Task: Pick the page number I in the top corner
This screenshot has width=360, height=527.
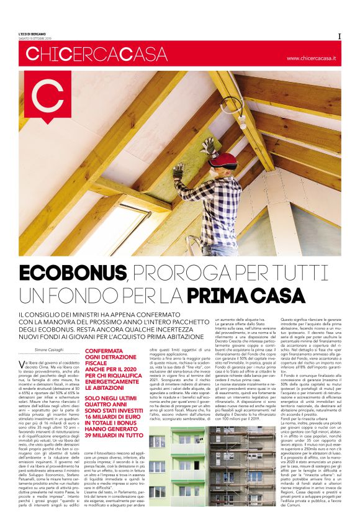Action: tap(340, 35)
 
